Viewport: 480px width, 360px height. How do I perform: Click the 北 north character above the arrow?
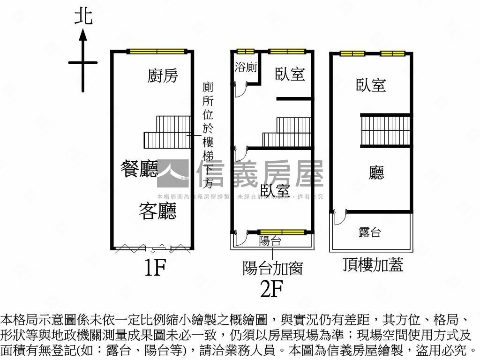tap(83, 16)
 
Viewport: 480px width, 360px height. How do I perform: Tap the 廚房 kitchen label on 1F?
tap(163, 75)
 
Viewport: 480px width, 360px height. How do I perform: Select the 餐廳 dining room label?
tap(139, 169)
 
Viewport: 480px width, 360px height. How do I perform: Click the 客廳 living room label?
tap(157, 211)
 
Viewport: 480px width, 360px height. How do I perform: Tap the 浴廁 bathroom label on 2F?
tap(246, 67)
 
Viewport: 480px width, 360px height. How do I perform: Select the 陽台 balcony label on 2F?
tap(270, 241)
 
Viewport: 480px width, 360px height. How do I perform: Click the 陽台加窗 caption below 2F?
tap(272, 268)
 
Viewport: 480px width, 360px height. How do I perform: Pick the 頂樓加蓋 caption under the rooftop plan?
tap(373, 265)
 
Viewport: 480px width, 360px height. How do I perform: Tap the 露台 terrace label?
tap(369, 232)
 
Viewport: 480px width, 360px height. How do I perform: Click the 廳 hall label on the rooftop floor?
tap(376, 173)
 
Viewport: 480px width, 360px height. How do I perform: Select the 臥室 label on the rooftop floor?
tap(371, 85)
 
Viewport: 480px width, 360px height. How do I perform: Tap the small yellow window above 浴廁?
tap(245, 52)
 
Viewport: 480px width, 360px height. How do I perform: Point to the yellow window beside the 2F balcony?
tap(282, 232)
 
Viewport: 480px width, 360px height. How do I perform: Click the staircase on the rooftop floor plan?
tap(385, 130)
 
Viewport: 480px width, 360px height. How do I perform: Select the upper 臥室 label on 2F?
tap(290, 74)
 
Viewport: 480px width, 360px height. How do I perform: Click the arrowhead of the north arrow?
tap(83, 34)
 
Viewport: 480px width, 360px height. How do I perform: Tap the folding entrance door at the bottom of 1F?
tap(153, 248)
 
